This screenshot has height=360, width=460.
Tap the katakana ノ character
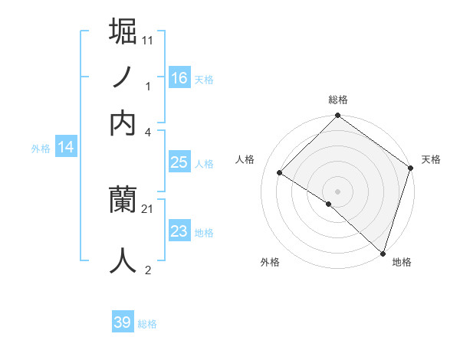123,77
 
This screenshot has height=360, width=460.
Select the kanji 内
123,123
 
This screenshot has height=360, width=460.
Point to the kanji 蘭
123,201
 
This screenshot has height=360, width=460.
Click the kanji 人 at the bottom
123,260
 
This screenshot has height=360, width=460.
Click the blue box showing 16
179,77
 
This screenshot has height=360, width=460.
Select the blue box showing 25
179,162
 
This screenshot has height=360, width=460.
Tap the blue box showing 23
179,231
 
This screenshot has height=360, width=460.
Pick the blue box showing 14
66,147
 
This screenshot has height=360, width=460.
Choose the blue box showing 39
123,322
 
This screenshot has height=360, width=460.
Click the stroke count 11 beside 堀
148,39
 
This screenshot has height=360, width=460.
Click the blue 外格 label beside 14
41,149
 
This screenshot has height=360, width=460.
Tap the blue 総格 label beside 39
147,324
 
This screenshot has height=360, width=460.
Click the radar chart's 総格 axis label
338,100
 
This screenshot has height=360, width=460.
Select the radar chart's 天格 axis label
431,159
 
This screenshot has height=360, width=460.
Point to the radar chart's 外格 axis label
270,262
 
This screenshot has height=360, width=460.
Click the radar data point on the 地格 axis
383,252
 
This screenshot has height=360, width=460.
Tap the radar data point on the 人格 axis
280,173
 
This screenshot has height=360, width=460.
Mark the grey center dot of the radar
337,191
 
